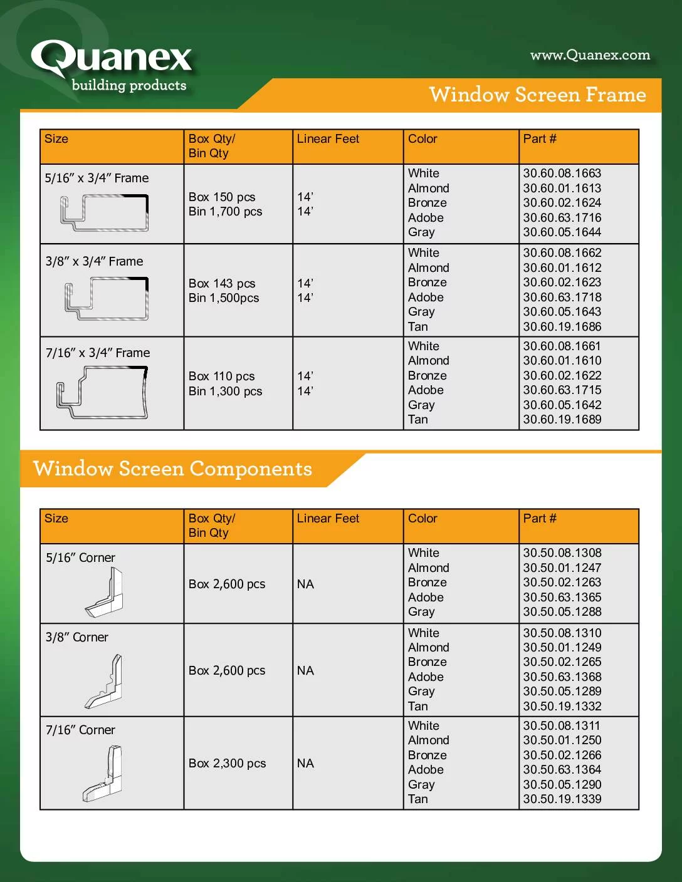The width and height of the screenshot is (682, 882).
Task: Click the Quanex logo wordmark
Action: pos(112,58)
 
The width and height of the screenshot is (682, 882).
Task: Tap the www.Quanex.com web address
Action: pos(590,55)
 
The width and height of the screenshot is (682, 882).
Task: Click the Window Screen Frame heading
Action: pos(537,95)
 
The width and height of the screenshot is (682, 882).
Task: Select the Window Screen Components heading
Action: pos(172,469)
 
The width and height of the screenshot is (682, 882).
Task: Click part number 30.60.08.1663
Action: pos(562,173)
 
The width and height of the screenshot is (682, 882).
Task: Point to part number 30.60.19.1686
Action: pos(562,326)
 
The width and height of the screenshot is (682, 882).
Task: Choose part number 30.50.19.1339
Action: pos(562,799)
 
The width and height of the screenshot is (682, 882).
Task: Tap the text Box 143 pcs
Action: pos(222,283)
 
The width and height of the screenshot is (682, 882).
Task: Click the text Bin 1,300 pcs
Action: pos(225,391)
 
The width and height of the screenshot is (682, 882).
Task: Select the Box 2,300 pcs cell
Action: pos(227,763)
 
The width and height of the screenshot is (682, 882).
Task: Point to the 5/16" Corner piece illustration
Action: pos(105,593)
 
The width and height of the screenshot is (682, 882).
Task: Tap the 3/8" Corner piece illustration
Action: pos(104,681)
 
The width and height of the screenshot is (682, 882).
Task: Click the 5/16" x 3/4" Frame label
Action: pos(97,178)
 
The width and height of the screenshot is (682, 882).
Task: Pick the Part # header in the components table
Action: pos(540,518)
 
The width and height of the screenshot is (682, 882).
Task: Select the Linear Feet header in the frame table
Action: pos(328,139)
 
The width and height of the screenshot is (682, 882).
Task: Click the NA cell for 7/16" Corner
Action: pos(305,763)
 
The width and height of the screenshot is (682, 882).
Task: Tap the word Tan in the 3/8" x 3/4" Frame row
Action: pos(417,326)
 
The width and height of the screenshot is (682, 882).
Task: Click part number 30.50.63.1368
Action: pos(562,677)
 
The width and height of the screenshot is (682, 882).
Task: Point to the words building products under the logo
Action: pos(129,85)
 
